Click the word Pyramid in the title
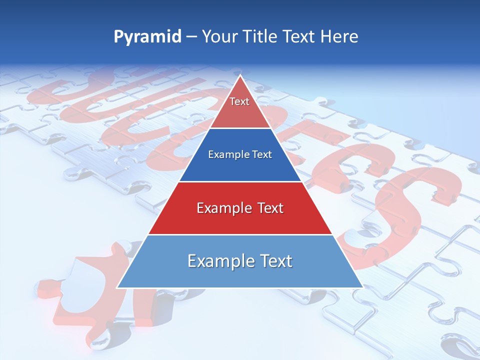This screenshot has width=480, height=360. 147,37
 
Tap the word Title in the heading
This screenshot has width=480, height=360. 260,37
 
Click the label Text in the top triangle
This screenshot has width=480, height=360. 239,101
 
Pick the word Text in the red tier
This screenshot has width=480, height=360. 268,208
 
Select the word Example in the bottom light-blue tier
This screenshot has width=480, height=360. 217,261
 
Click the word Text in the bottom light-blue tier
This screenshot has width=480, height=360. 273,261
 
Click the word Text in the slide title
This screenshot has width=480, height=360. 298,37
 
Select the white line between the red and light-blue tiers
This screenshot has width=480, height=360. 240,234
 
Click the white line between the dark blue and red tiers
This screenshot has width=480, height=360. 240,181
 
